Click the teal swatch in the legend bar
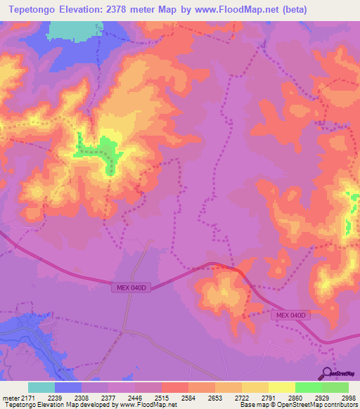click(41, 387)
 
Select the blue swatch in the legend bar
click(68, 387)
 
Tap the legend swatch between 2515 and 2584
click(175, 387)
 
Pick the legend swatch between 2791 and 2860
click(282, 387)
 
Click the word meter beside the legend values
click(11, 398)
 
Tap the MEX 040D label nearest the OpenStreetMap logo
click(291, 316)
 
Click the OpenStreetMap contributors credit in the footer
click(309, 405)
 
